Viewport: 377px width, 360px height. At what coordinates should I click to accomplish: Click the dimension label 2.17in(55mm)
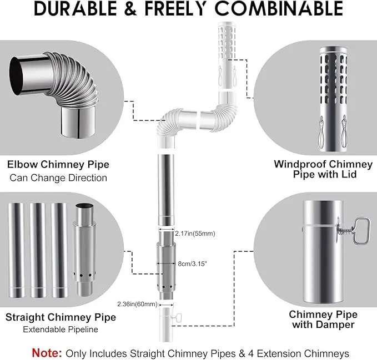[195, 234]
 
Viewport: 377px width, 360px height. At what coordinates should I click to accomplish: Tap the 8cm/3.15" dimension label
[192, 263]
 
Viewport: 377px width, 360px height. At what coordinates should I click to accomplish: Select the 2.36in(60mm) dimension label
[137, 304]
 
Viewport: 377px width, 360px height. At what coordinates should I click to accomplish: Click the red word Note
[47, 353]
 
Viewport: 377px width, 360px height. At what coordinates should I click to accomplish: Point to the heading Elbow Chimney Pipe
[58, 165]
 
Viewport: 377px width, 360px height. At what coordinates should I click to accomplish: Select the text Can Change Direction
[58, 178]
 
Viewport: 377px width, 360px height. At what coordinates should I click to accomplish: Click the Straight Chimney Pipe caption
[61, 317]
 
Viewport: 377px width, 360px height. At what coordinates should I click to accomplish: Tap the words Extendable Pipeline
[61, 329]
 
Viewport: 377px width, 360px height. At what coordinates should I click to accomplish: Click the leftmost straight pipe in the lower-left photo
[16, 250]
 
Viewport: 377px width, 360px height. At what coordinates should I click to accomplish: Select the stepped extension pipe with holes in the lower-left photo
[84, 250]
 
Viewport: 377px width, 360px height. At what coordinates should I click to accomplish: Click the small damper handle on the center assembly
[178, 318]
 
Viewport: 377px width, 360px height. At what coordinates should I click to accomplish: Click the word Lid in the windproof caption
[348, 174]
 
